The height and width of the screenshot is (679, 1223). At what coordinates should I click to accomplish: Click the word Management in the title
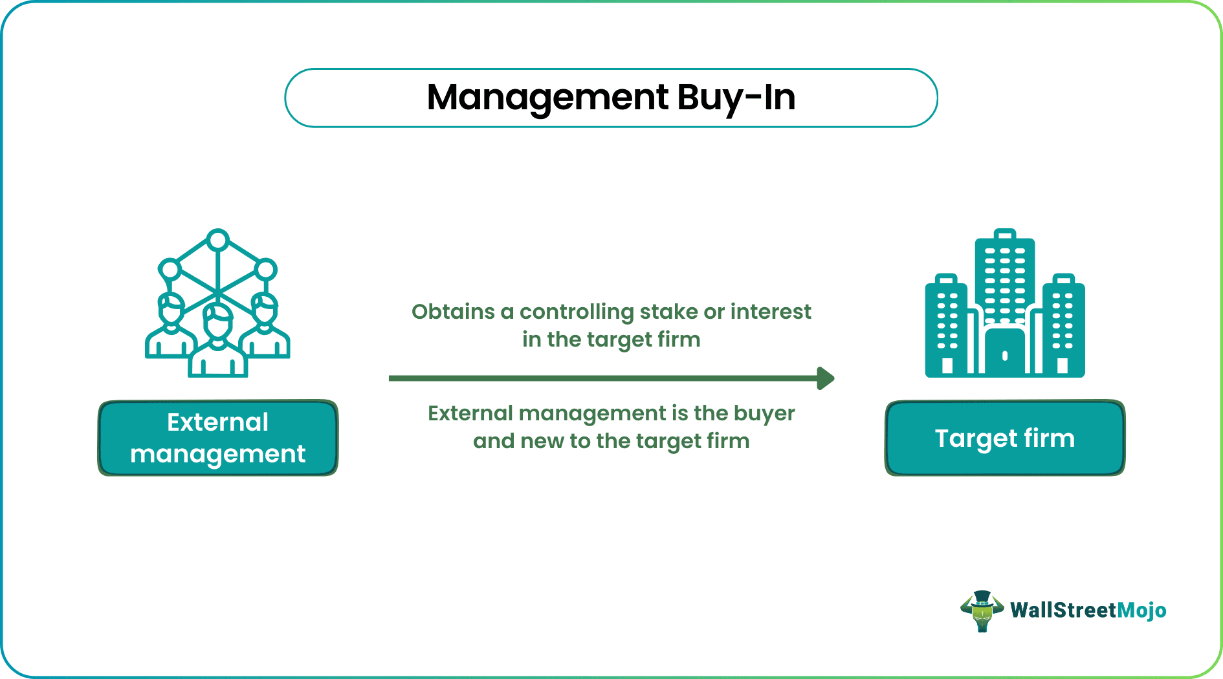pos(547,98)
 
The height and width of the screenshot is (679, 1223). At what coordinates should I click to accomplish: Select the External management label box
pos(218,438)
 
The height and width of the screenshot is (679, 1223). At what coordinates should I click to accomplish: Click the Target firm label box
pos(1004,438)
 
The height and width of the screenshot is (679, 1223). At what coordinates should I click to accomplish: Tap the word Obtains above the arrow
pos(453,312)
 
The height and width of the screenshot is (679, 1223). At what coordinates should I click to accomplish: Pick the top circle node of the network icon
pos(218,241)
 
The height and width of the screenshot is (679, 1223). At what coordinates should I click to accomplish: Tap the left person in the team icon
pos(170,330)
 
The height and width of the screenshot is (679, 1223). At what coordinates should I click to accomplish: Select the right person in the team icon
pos(265,330)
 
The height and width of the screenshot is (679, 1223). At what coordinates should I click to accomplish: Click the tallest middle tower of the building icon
pos(1004,278)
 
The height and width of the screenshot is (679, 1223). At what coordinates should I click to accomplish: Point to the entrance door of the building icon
pos(1004,352)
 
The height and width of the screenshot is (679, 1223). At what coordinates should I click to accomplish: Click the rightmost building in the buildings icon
pos(1063,327)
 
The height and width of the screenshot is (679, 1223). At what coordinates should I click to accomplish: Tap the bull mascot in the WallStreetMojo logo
pos(982,610)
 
